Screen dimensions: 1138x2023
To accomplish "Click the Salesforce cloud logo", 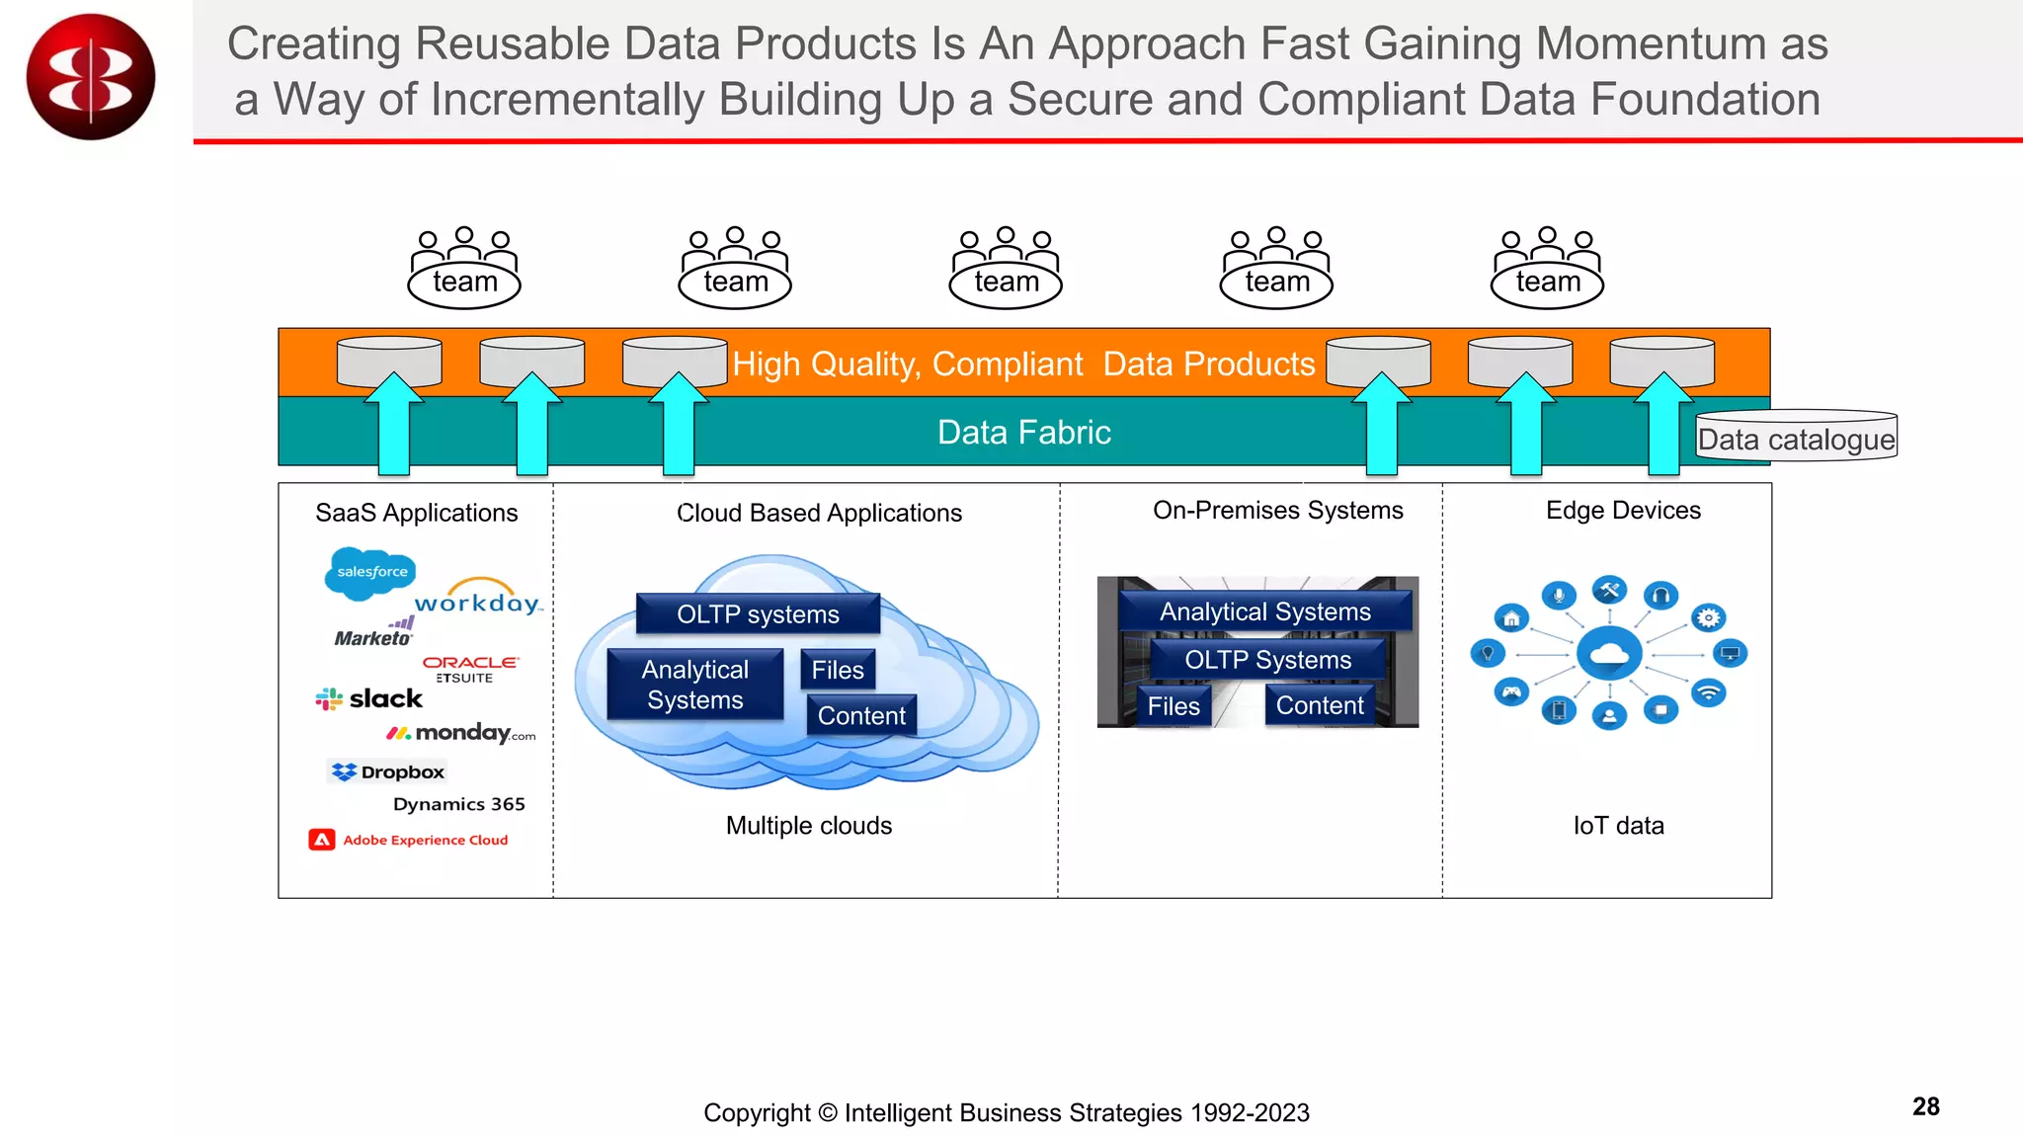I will [370, 573].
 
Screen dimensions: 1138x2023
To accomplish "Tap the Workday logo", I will [478, 599].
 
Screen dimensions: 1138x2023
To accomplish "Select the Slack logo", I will [369, 699].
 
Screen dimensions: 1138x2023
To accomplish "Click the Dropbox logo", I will [388, 772].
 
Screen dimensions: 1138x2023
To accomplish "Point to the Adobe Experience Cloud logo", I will [409, 840].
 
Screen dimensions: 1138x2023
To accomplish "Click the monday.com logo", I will [461, 733].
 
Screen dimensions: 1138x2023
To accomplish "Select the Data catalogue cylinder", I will [1796, 437].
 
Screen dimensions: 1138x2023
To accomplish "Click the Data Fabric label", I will [1023, 433].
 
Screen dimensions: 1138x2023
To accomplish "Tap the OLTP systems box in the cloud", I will [758, 614].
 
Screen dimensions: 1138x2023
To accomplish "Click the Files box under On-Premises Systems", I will [1173, 706].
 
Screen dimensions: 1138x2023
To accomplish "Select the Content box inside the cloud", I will [861, 715].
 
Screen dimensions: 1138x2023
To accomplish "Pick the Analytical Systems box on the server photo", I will [1264, 611].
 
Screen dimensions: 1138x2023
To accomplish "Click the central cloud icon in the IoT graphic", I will [1609, 653].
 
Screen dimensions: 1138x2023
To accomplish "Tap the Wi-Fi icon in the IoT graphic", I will [1708, 692].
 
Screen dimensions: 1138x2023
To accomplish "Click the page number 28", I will [1925, 1106].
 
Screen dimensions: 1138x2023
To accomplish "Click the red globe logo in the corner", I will [91, 77].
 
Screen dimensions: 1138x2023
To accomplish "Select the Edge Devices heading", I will [1623, 511].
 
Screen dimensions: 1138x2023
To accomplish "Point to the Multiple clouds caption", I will [808, 826].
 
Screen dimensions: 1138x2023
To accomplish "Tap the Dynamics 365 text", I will [458, 804].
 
